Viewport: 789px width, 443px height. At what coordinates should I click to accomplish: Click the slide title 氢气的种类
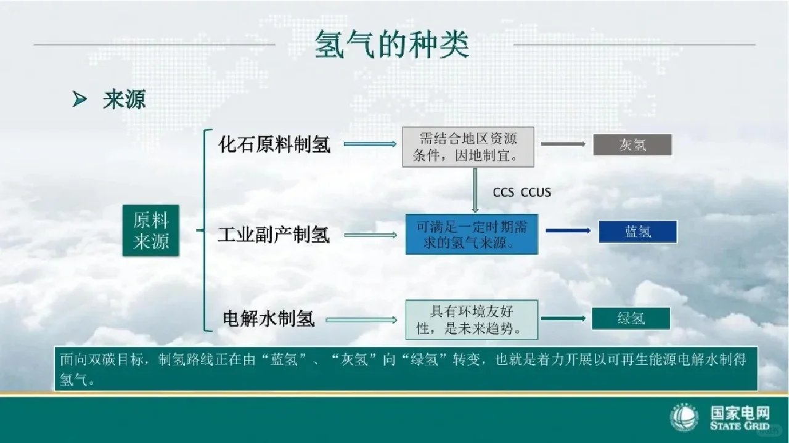tap(392, 44)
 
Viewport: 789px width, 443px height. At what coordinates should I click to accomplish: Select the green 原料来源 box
tap(151, 230)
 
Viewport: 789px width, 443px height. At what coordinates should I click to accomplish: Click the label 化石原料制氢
tap(274, 144)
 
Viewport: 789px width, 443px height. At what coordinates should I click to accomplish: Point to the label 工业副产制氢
tap(274, 235)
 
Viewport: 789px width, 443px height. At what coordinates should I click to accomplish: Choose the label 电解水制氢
tap(269, 319)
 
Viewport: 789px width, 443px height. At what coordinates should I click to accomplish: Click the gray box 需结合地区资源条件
tap(468, 147)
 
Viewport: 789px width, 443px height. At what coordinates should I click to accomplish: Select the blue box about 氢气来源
tap(472, 235)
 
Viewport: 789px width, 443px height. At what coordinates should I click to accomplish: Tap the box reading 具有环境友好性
tap(472, 319)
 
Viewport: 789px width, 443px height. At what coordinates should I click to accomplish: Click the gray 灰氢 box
tap(632, 145)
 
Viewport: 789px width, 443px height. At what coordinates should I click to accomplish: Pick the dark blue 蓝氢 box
tap(637, 232)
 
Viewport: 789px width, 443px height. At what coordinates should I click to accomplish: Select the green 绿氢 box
tap(631, 318)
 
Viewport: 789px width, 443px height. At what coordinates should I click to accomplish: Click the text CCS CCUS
tap(521, 192)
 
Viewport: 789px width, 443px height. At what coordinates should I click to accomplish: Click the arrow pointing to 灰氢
tap(563, 144)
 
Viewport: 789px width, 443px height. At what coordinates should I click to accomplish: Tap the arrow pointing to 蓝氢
tap(568, 231)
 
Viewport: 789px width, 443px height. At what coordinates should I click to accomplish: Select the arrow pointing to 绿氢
tap(562, 319)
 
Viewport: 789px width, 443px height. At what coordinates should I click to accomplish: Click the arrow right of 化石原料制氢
tap(370, 144)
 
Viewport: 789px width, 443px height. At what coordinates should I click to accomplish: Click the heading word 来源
tap(125, 99)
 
